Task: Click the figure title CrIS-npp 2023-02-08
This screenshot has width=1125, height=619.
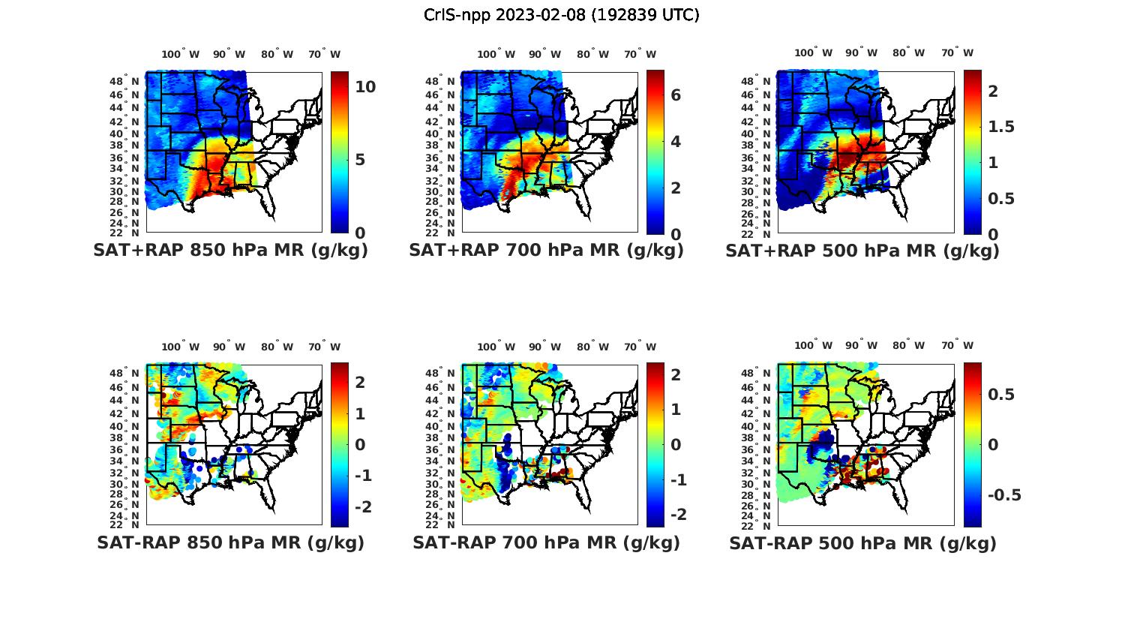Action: [561, 15]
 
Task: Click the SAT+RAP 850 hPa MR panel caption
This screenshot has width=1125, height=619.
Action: [230, 251]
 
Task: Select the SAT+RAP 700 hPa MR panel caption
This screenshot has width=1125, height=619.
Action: [546, 251]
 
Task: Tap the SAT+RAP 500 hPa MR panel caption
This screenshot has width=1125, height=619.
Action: [862, 251]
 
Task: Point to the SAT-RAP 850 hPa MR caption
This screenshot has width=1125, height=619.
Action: [230, 542]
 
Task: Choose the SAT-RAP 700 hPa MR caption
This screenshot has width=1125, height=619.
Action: [546, 542]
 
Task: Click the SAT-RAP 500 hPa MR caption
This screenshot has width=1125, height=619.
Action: [862, 543]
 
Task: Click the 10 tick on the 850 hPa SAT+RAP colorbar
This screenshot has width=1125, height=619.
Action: [365, 87]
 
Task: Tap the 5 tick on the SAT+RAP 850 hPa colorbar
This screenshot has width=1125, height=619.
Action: [360, 160]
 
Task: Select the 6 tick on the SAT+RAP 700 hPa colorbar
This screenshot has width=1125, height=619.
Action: [675, 95]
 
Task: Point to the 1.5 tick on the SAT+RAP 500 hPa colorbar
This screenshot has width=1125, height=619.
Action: [1000, 127]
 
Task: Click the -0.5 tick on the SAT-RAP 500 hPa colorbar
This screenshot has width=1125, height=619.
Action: [1004, 495]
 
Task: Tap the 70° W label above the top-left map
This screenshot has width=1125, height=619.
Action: [324, 54]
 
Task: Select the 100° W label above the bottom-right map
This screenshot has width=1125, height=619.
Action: [813, 345]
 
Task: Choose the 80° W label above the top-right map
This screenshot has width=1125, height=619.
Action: [908, 53]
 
